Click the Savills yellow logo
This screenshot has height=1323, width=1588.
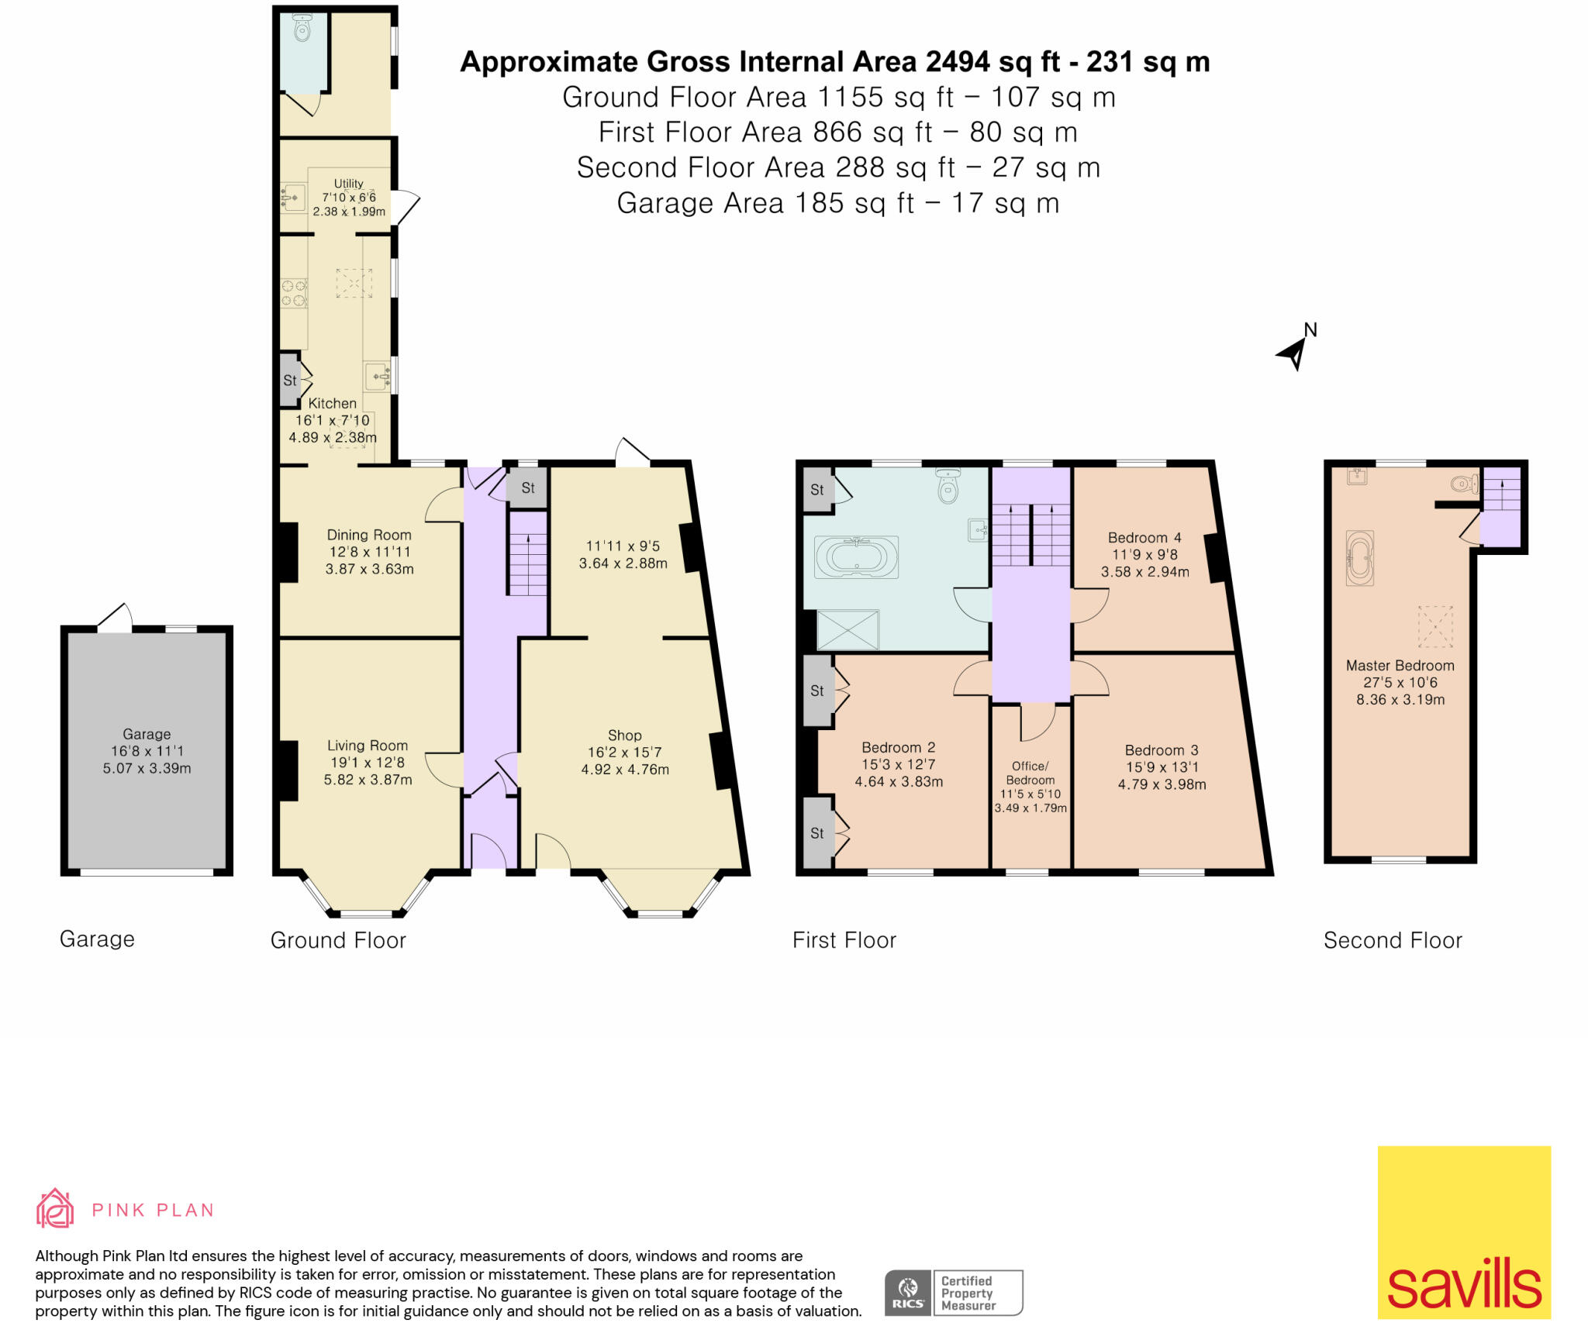click(1463, 1232)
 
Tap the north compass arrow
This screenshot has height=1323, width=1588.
click(1293, 353)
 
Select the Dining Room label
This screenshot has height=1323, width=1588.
click(369, 535)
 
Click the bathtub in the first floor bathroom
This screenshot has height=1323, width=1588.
click(856, 556)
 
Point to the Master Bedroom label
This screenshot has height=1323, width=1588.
click(1400, 666)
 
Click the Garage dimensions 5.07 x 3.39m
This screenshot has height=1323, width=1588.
click(147, 768)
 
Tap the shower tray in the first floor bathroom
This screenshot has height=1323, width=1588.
click(848, 629)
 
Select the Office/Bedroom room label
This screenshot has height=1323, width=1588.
click(1030, 773)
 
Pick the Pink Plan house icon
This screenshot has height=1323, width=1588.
click(55, 1208)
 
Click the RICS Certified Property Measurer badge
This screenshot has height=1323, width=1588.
click(954, 1292)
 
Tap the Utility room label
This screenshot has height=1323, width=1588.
click(348, 184)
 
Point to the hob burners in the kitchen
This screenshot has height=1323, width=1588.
click(293, 293)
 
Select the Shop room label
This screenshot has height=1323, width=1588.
click(624, 735)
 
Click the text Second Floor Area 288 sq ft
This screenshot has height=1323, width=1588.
click(838, 167)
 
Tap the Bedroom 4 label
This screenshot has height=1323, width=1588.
click(1144, 538)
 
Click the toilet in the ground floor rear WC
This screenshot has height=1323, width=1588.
click(302, 29)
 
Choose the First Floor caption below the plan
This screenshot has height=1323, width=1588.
click(844, 940)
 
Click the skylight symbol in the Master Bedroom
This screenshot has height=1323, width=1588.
click(1434, 626)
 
